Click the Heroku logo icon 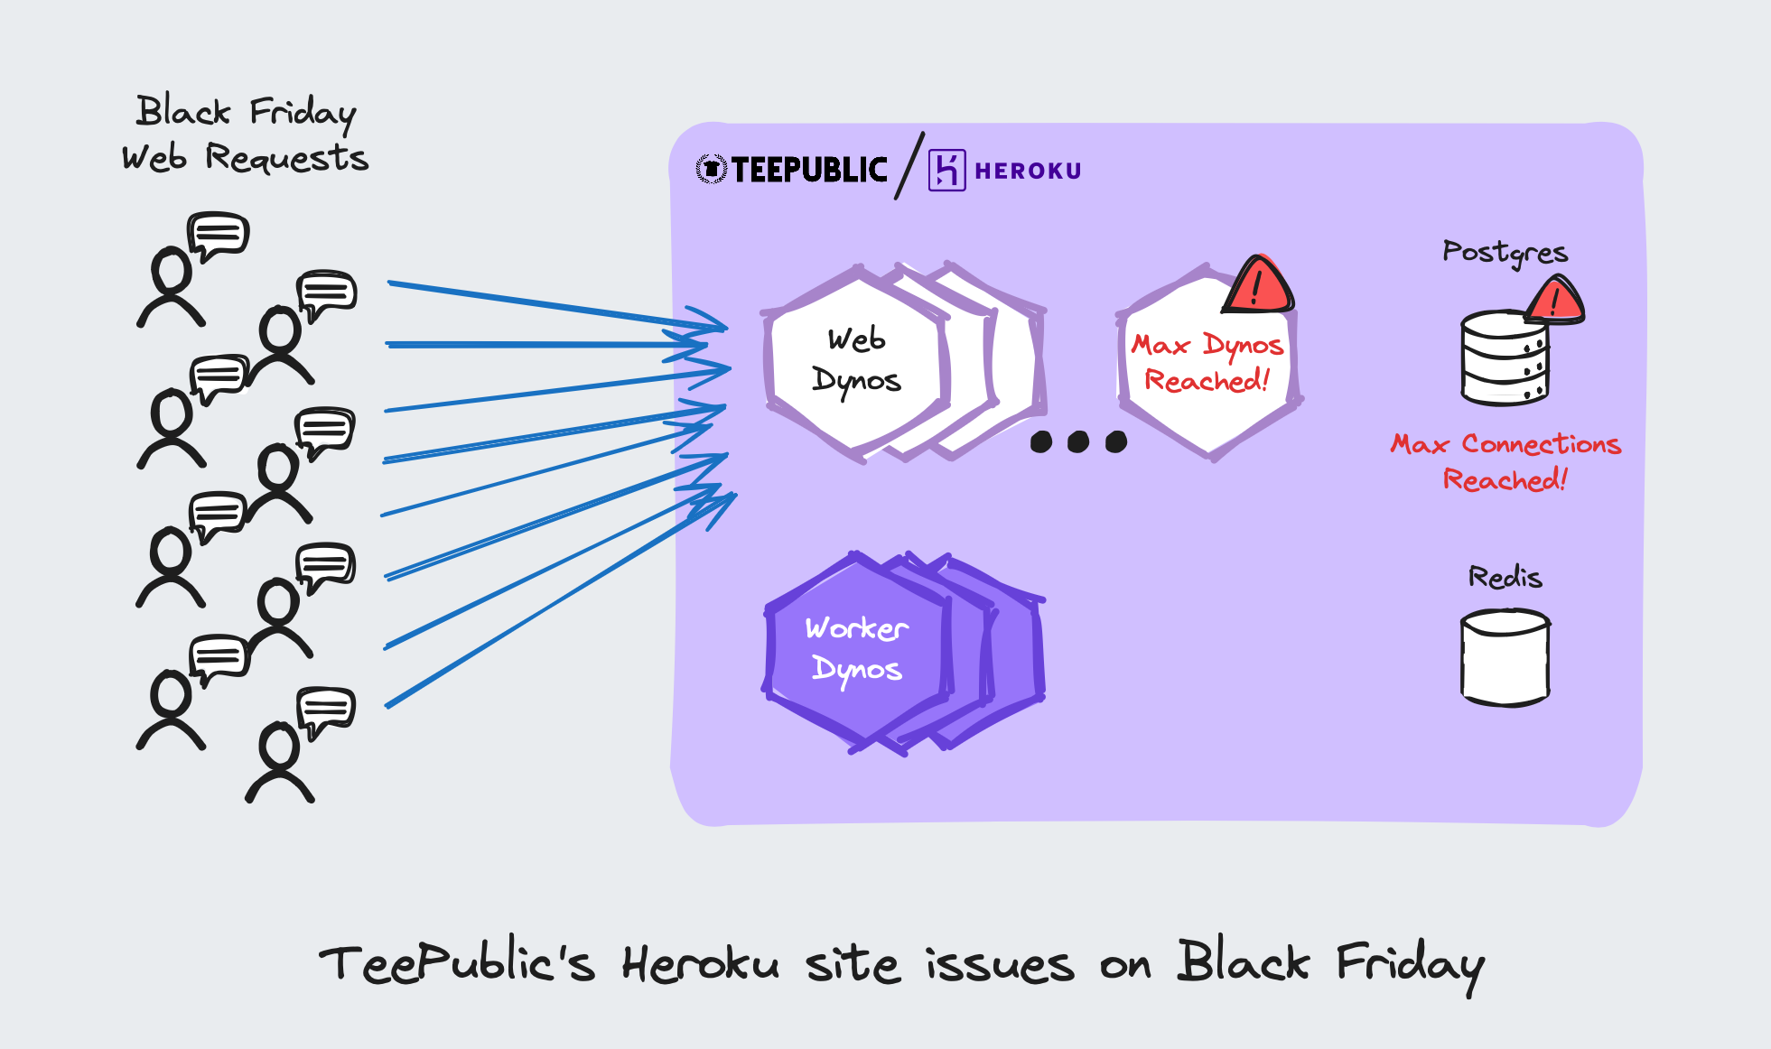pyautogui.click(x=946, y=170)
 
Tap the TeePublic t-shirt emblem pyautogui.click(x=712, y=169)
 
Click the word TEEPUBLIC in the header pyautogui.click(x=809, y=170)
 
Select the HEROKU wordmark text pyautogui.click(x=1028, y=171)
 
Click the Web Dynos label pyautogui.click(x=856, y=360)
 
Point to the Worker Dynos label pyautogui.click(x=856, y=649)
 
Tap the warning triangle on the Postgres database pyautogui.click(x=1555, y=302)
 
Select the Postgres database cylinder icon pyautogui.click(x=1504, y=358)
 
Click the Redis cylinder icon pyautogui.click(x=1505, y=656)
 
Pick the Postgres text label pyautogui.click(x=1505, y=252)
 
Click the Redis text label pyautogui.click(x=1505, y=577)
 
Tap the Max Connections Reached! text pyautogui.click(x=1505, y=461)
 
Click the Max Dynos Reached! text pyautogui.click(x=1207, y=363)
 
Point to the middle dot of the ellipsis pyautogui.click(x=1078, y=441)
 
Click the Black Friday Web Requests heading pyautogui.click(x=246, y=135)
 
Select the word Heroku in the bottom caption pyautogui.click(x=700, y=964)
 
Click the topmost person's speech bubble pyautogui.click(x=219, y=235)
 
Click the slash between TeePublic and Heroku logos pyautogui.click(x=909, y=166)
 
